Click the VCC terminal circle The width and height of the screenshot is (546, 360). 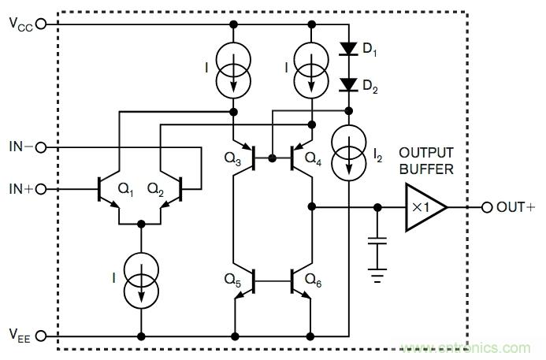coord(41,24)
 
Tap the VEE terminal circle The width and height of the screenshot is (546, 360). coord(41,336)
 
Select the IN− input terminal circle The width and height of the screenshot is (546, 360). coord(41,147)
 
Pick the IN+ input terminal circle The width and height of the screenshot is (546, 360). coord(41,189)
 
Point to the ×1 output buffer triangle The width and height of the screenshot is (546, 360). coord(424,207)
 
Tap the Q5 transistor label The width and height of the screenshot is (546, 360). coord(232,278)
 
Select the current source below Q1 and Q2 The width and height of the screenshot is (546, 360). coord(142,279)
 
